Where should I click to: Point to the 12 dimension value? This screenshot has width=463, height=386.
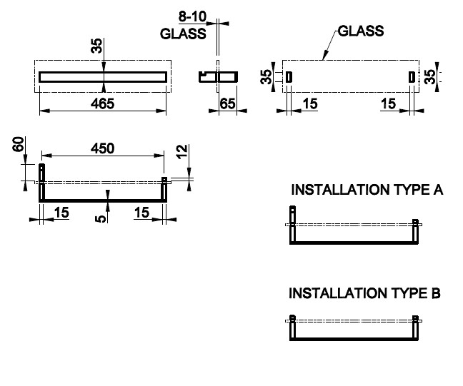point(182,152)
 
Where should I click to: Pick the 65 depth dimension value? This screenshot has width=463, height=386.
point(227,103)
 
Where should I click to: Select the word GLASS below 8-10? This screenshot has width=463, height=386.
point(183,33)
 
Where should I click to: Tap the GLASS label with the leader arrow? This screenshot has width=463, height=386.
point(361,31)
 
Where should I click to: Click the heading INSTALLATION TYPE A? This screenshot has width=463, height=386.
point(367,190)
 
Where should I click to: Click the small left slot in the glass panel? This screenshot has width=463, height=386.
point(289,77)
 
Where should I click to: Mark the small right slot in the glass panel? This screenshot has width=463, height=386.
point(411,77)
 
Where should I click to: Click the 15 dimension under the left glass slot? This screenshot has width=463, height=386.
point(309,103)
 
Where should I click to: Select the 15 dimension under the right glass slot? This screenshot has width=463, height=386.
point(388,103)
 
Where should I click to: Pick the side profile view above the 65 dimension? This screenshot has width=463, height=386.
point(219,76)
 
